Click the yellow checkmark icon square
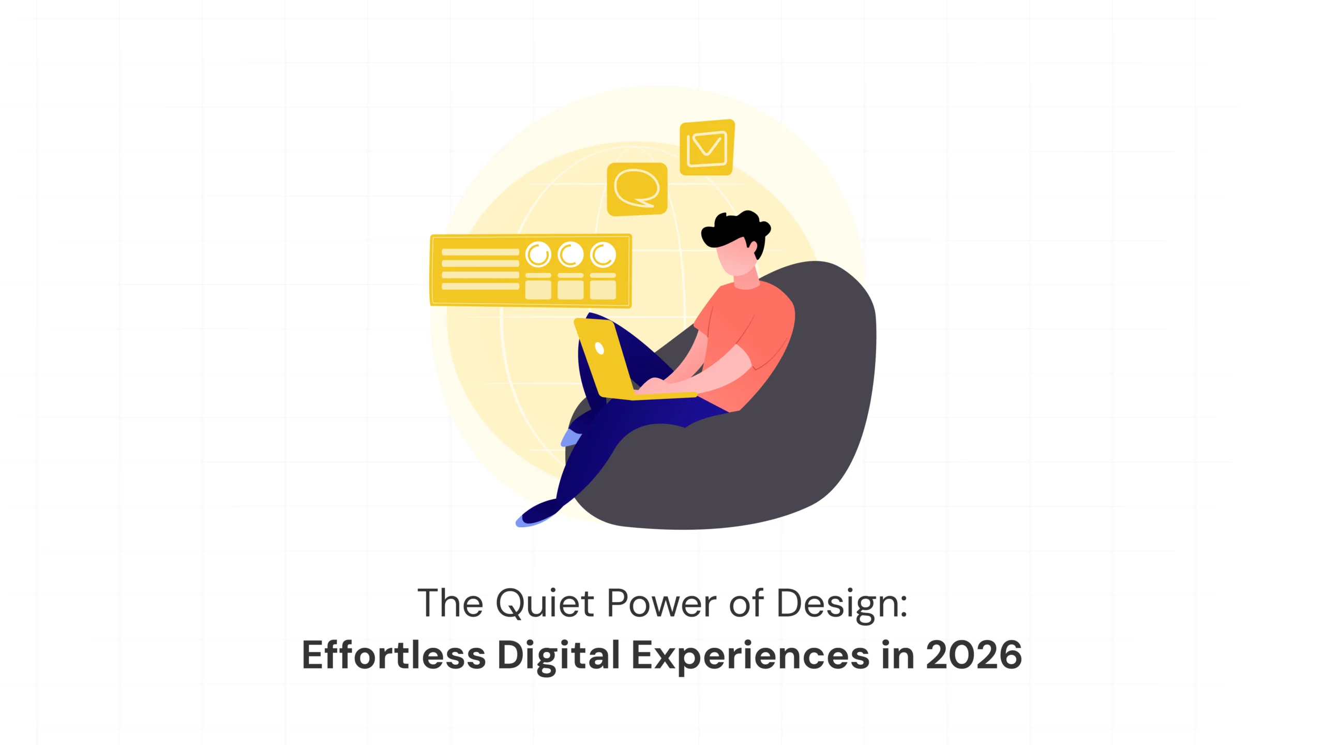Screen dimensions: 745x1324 point(707,147)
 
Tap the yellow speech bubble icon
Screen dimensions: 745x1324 point(637,189)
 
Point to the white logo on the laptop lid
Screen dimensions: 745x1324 point(599,348)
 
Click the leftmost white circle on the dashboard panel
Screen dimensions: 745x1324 point(538,255)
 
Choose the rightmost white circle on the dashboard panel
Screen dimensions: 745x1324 point(603,255)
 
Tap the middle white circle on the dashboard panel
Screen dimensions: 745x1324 point(570,255)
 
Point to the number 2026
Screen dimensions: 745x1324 point(973,655)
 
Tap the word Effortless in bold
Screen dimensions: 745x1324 point(394,655)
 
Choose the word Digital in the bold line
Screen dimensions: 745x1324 point(559,656)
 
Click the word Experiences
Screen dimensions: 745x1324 point(750,656)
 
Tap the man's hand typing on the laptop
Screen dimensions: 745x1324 point(652,385)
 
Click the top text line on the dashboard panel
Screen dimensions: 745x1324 point(480,252)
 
